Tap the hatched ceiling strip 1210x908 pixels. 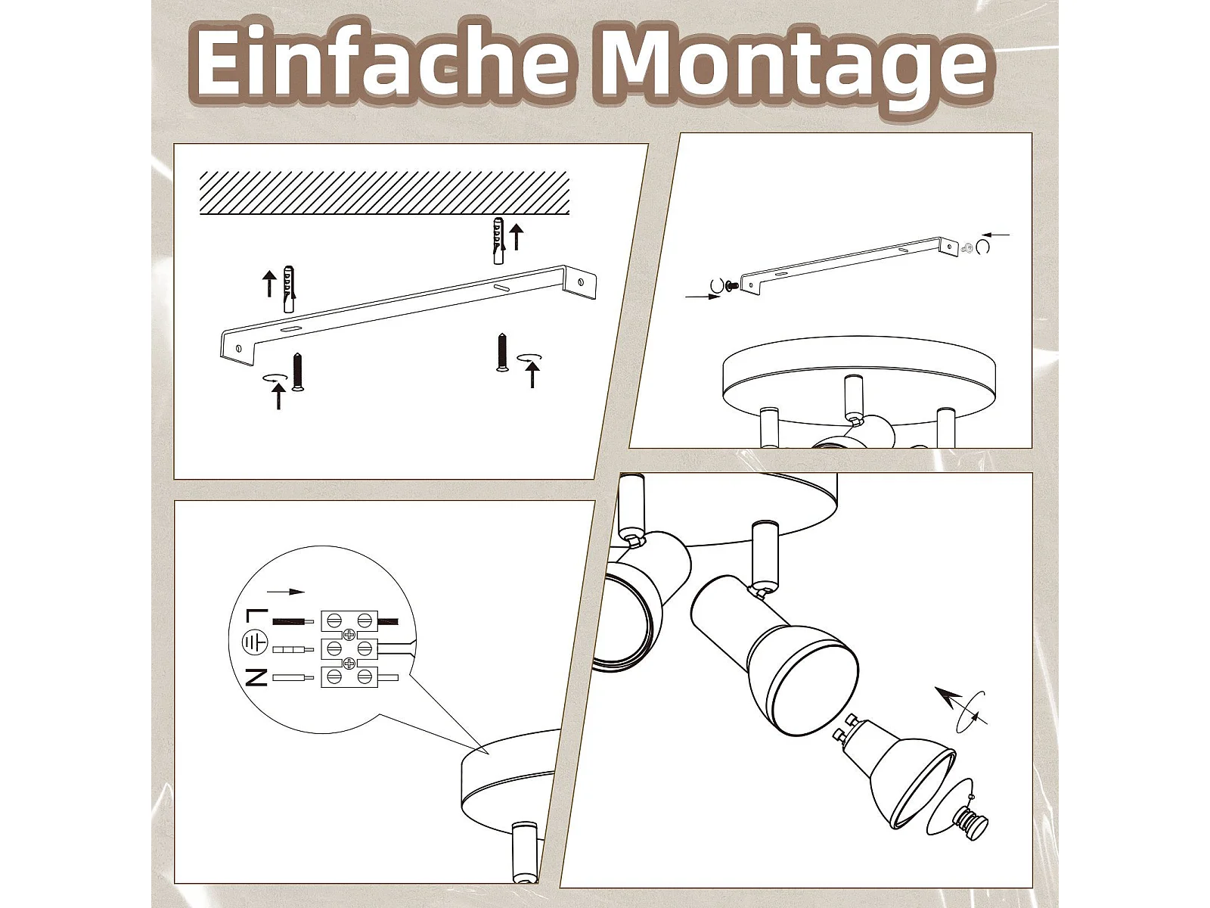click(384, 192)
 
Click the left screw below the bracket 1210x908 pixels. click(298, 372)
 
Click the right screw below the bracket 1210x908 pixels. click(502, 352)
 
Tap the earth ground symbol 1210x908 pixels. click(255, 642)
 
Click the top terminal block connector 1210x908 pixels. click(349, 621)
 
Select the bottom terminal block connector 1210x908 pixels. click(349, 677)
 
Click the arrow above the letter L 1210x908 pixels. click(286, 592)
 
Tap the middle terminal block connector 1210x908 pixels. click(349, 649)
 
